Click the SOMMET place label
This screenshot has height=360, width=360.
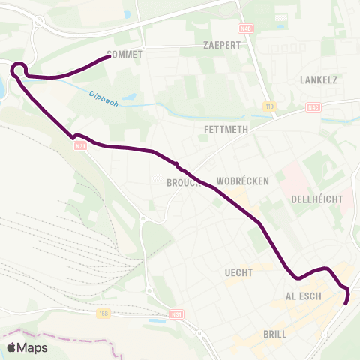click(x=125, y=55)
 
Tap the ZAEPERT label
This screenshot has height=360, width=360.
click(x=221, y=45)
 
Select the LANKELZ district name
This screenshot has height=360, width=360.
click(x=319, y=79)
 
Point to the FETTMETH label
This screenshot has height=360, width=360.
click(x=226, y=129)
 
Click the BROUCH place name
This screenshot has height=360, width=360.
click(x=183, y=182)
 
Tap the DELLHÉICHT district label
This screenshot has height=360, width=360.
click(x=316, y=199)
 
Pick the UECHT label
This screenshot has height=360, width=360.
click(x=238, y=272)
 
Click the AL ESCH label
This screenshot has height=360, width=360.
click(x=304, y=296)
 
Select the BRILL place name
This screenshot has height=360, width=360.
click(x=275, y=334)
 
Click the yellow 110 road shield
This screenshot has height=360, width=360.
click(x=269, y=107)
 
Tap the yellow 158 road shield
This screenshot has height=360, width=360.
click(x=103, y=314)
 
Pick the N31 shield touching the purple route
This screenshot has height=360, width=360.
click(x=80, y=146)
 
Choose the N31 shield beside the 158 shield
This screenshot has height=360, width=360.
click(x=176, y=314)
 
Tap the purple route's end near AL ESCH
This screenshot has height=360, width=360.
click(x=346, y=303)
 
